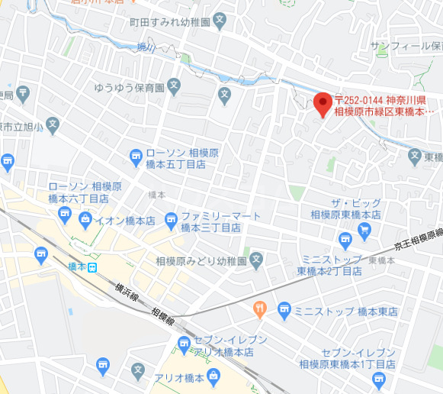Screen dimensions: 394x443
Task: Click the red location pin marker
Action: point(323,103)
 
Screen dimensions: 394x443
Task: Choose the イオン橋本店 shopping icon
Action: point(85,221)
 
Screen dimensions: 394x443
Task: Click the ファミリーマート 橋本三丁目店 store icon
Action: point(171,220)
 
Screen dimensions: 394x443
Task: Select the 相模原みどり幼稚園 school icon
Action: point(257,260)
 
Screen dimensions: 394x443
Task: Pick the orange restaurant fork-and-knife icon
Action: point(259,309)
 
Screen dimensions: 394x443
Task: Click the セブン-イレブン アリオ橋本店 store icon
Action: point(184,345)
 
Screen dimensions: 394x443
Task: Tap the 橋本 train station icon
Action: point(92,266)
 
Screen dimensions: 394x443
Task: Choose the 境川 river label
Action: point(146,47)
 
